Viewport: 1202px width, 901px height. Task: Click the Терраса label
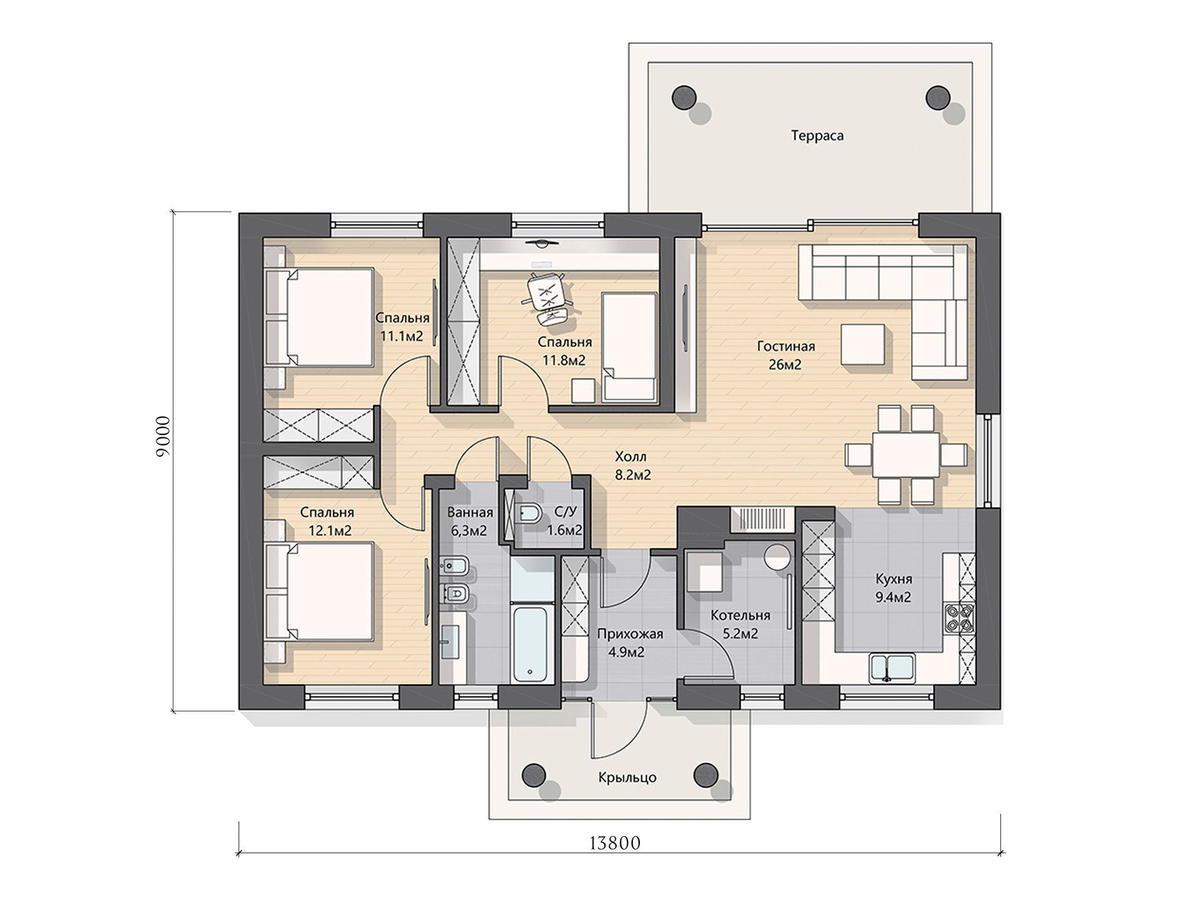coord(817,136)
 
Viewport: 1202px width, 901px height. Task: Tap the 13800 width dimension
coord(615,843)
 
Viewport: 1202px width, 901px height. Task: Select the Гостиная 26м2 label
coord(786,355)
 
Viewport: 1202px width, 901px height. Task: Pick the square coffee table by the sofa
coord(863,344)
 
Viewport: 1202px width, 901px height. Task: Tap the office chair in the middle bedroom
coord(547,298)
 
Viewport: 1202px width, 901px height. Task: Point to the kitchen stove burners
coord(958,616)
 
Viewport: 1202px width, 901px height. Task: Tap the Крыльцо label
coord(627,778)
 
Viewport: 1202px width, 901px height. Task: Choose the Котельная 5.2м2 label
coord(740,624)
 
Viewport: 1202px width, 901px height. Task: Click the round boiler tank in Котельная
coord(778,556)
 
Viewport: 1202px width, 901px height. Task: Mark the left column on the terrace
coord(684,97)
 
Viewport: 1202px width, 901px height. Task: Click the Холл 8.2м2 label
coord(632,466)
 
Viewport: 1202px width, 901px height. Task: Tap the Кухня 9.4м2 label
coord(893,588)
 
